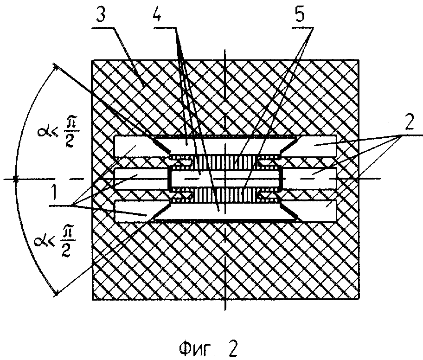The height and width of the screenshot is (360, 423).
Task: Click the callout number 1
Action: click(x=54, y=191)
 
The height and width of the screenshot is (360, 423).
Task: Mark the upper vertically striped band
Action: click(x=224, y=163)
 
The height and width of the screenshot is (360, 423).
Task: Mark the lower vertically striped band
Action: click(x=224, y=194)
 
